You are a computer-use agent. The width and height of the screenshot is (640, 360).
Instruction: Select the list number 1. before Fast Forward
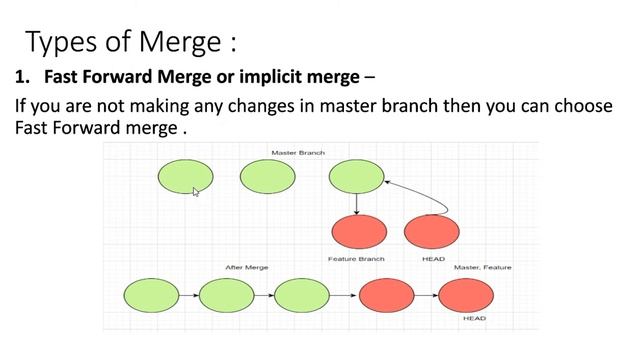[23, 77]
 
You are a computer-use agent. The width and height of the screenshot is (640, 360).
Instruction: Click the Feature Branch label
[357, 259]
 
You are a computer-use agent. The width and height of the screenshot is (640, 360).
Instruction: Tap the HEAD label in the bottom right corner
[474, 319]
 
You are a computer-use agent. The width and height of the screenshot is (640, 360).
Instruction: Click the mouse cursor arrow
[196, 191]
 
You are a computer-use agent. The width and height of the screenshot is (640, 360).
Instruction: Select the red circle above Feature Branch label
[358, 232]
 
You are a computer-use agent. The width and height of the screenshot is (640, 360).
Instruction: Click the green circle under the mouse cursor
[185, 176]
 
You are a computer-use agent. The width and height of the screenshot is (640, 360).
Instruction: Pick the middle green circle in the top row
[268, 176]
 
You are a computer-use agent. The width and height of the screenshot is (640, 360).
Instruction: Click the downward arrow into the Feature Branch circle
[357, 203]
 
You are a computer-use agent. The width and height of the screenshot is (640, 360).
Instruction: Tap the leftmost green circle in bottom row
[151, 295]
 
